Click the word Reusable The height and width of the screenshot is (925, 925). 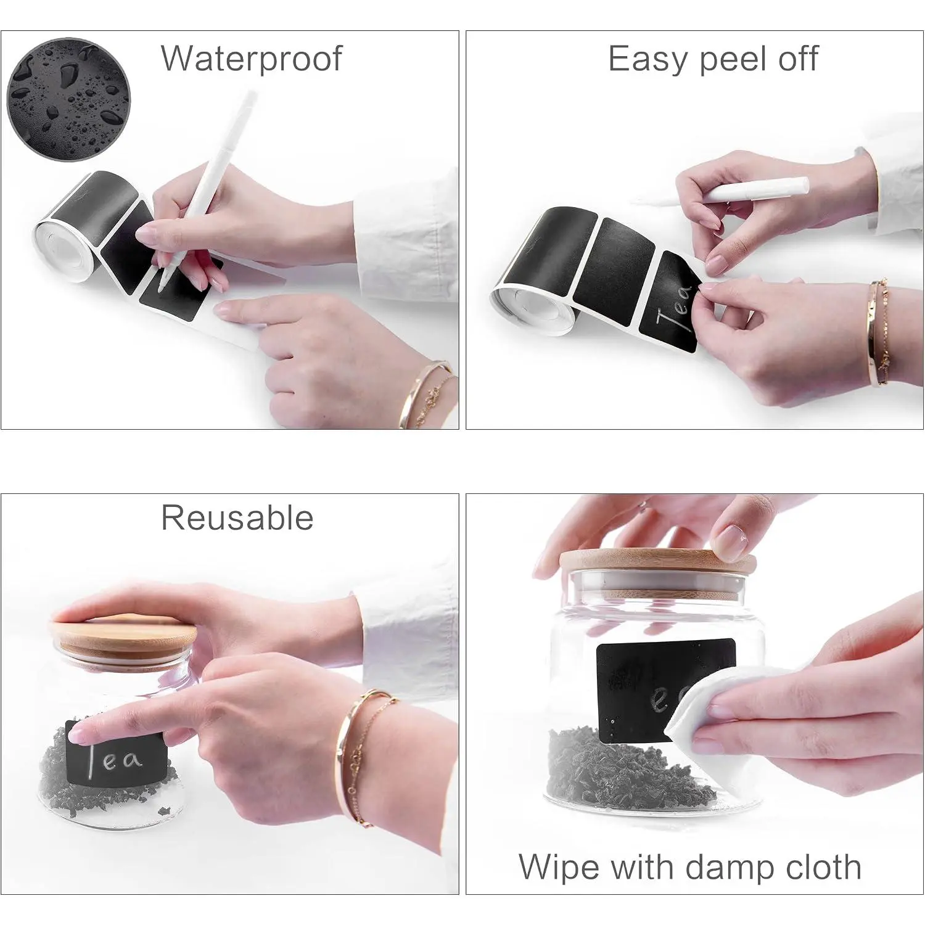[237, 517]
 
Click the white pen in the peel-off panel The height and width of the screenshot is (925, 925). [721, 192]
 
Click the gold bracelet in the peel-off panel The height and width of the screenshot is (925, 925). [879, 333]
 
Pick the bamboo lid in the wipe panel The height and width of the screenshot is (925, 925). [657, 566]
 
